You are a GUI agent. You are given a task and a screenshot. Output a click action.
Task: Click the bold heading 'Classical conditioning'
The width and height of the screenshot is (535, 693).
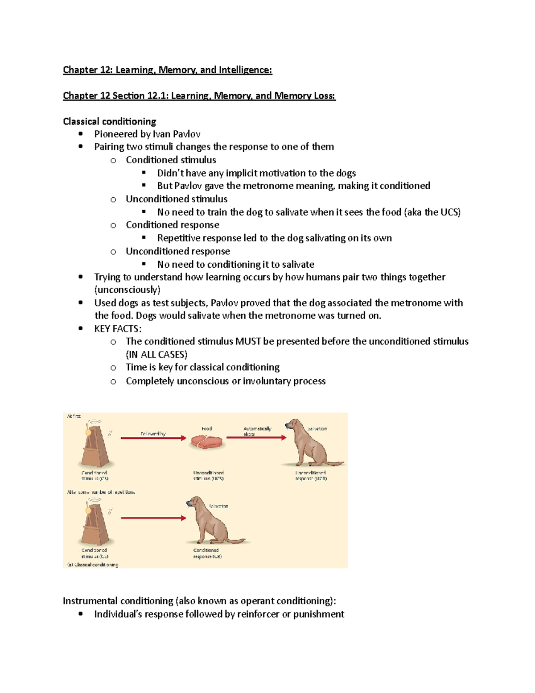coord(109,122)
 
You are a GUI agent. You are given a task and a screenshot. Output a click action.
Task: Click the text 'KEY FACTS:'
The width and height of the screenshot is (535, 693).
coord(118,329)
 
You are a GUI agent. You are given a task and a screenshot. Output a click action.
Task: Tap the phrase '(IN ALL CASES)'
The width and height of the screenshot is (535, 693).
coord(156,355)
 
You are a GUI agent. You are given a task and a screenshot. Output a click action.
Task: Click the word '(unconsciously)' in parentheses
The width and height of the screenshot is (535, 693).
coord(127,290)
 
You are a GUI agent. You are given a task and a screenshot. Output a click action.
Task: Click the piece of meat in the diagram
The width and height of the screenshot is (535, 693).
coord(206,442)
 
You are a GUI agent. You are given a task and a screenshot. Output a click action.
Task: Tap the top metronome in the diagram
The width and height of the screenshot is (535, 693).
coord(95,445)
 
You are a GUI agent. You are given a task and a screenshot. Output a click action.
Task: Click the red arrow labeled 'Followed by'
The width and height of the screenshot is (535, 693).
coord(153,438)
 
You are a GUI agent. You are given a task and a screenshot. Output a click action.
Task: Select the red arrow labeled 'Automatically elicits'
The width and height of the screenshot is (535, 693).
coord(256,438)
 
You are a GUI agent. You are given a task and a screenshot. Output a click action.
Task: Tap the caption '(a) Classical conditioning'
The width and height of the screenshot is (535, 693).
coord(93,565)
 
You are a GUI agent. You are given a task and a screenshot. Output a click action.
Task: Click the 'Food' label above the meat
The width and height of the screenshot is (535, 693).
coord(206,429)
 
